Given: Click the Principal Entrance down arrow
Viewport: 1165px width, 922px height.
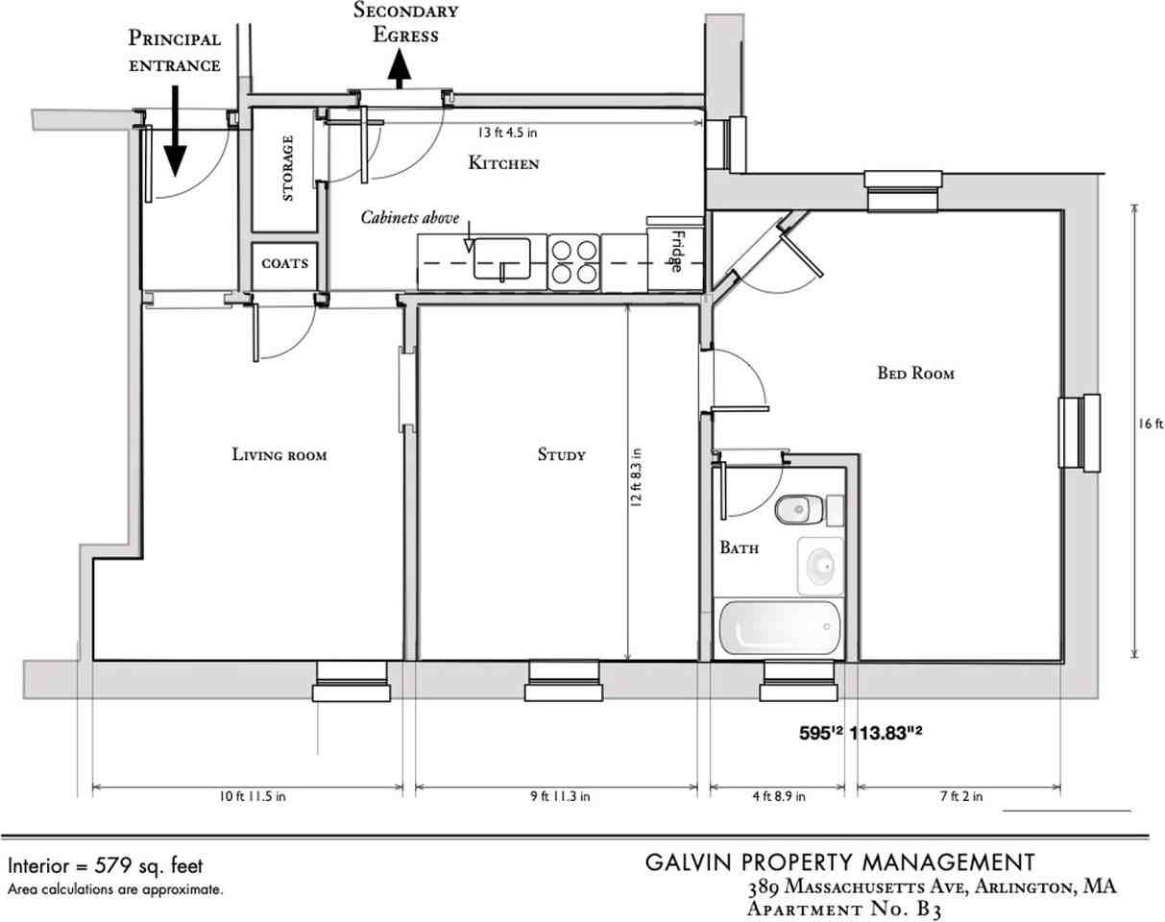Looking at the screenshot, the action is [x=175, y=131].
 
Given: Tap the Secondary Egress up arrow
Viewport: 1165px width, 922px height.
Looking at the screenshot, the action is [x=400, y=69].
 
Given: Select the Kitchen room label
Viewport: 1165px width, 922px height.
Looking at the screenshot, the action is [x=503, y=162].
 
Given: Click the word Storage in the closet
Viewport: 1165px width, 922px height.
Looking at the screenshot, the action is [x=287, y=168].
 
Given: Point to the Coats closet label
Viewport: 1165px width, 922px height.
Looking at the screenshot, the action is [x=284, y=264].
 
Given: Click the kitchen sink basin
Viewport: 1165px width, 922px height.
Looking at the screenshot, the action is [x=502, y=258].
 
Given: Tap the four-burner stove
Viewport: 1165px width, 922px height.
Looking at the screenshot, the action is [x=573, y=262].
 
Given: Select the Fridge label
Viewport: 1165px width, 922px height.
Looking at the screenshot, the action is [x=677, y=252].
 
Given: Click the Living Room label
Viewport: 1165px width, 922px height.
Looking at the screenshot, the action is [x=279, y=454].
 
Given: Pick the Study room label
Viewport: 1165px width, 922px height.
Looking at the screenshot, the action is [x=562, y=454].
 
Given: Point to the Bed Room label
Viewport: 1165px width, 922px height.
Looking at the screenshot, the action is [x=915, y=373].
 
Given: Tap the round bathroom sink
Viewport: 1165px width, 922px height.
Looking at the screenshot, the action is [x=821, y=567].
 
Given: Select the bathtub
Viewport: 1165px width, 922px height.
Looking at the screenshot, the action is [x=779, y=628].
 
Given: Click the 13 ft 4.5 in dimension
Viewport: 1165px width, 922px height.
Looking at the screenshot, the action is [x=507, y=133].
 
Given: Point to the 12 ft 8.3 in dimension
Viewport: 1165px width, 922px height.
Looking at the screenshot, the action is [x=636, y=477].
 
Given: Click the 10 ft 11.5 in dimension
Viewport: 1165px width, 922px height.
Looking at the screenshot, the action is [x=253, y=796].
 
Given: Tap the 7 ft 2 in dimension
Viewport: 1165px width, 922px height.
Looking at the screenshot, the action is [x=960, y=796].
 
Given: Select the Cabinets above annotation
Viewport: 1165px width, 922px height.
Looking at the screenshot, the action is [x=410, y=218].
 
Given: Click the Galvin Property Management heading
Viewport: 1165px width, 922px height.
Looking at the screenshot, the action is [x=839, y=862].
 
